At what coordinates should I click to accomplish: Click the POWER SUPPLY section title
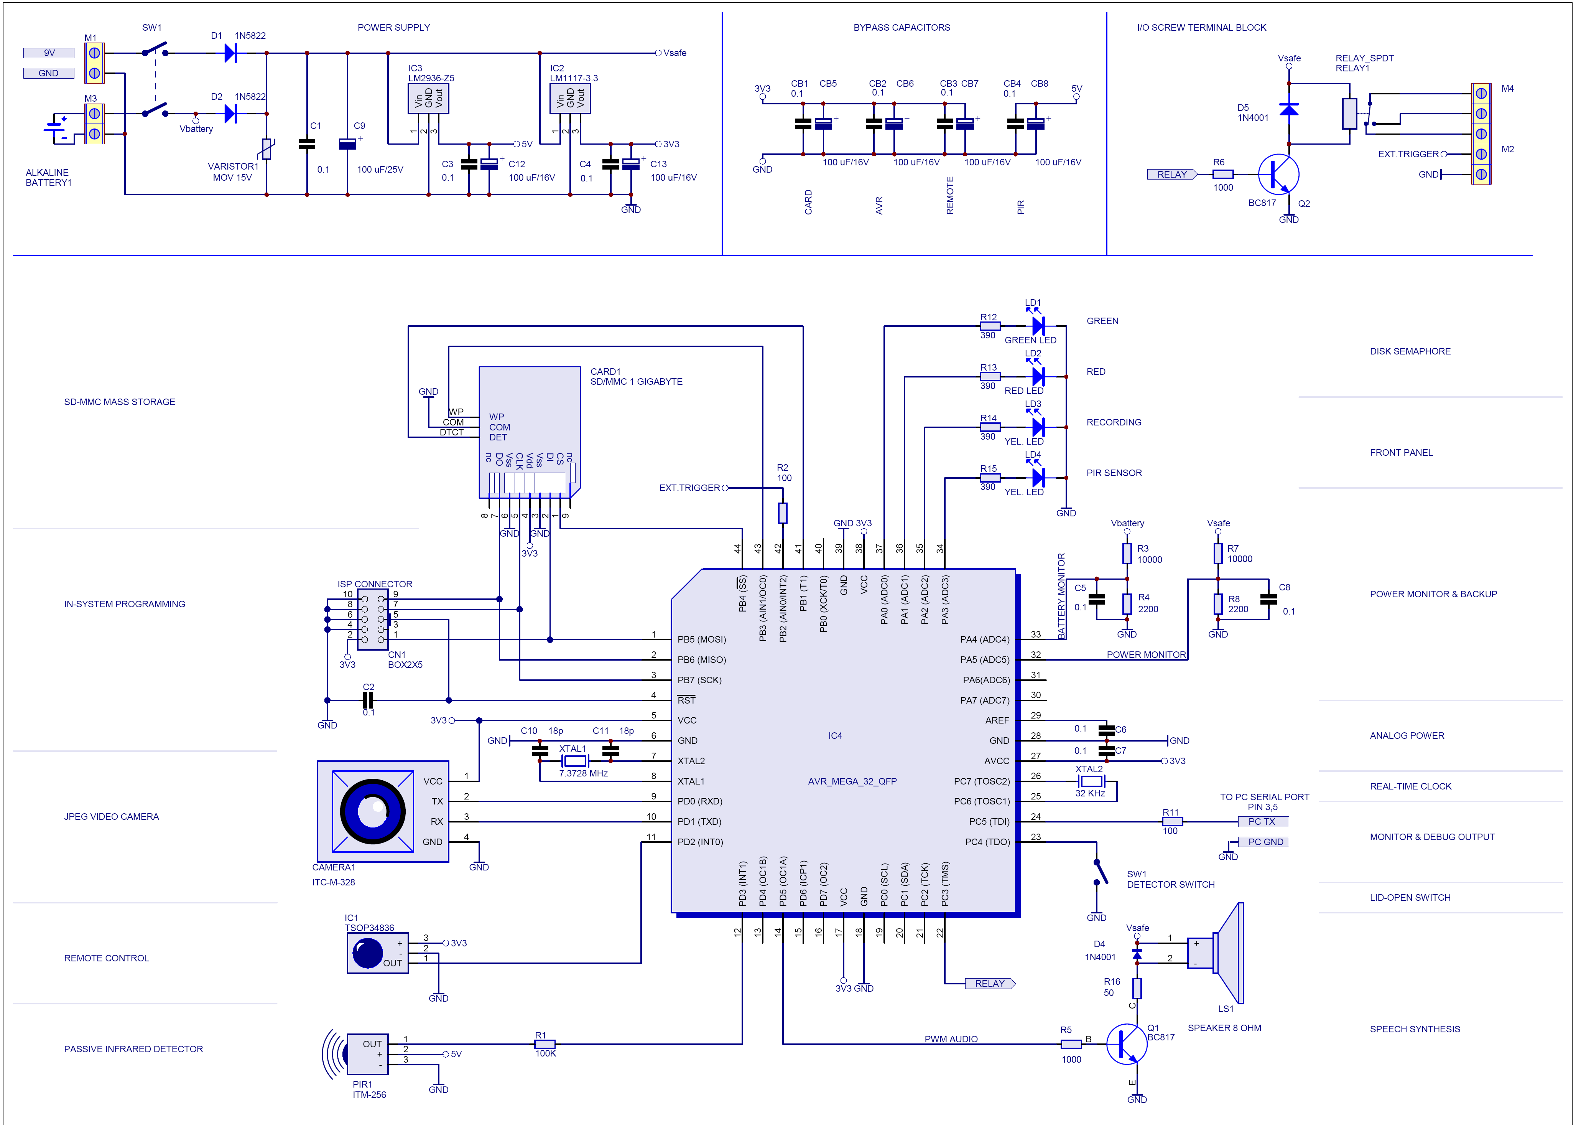pyautogui.click(x=393, y=28)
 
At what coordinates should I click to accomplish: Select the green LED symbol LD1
pyautogui.click(x=1038, y=325)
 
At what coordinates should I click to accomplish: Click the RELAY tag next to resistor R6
pyautogui.click(x=1171, y=175)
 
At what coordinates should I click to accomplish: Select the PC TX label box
pyautogui.click(x=1262, y=822)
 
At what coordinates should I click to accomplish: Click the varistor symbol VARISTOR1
pyautogui.click(x=266, y=149)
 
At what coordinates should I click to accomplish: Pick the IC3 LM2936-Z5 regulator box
pyautogui.click(x=428, y=99)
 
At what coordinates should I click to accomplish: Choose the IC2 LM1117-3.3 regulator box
pyautogui.click(x=570, y=99)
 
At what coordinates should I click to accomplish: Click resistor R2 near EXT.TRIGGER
pyautogui.click(x=783, y=513)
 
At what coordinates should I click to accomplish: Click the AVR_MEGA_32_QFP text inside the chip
pyautogui.click(x=852, y=781)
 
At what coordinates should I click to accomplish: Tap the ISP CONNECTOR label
pyautogui.click(x=375, y=584)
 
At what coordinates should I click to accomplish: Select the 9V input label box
pyautogui.click(x=49, y=53)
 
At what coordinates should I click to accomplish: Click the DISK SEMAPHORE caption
pyautogui.click(x=1410, y=351)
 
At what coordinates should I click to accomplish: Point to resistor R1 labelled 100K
pyautogui.click(x=545, y=1044)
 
